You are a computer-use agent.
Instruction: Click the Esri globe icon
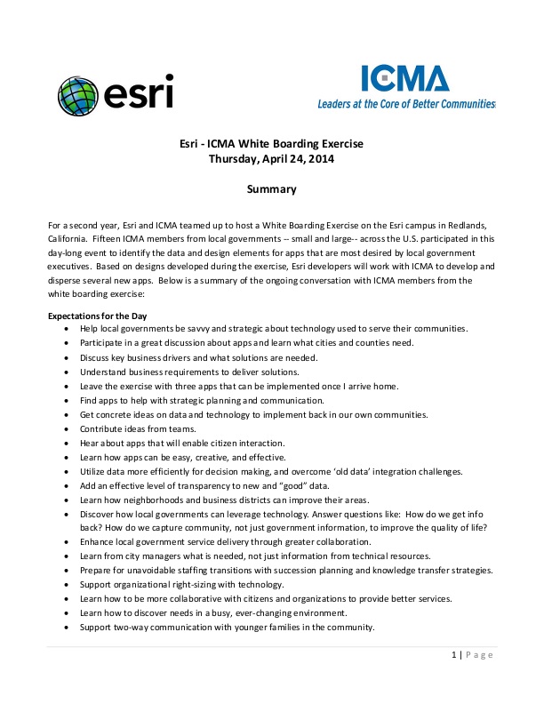(x=78, y=94)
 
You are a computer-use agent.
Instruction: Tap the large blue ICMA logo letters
(x=404, y=79)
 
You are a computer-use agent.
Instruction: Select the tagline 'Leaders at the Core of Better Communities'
(x=406, y=104)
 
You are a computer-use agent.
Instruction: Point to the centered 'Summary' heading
(x=271, y=188)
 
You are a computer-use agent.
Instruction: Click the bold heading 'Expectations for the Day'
(x=97, y=316)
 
